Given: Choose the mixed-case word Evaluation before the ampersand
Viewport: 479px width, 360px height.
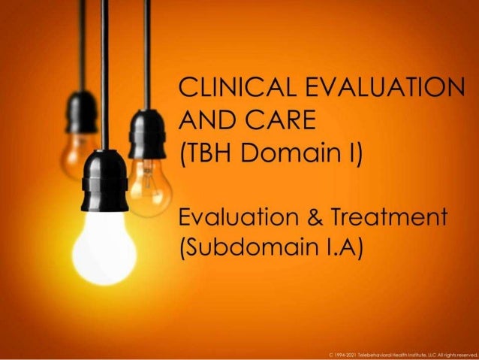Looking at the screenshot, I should pyautogui.click(x=239, y=219).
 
